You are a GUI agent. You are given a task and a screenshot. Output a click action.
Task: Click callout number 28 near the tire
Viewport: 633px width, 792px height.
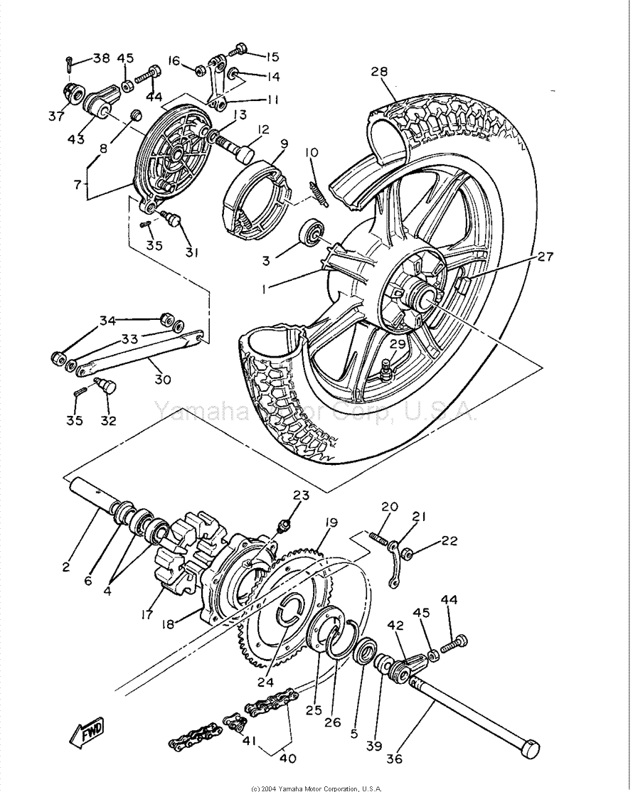379,72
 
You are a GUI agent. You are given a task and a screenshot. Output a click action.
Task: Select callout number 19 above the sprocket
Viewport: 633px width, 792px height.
331,523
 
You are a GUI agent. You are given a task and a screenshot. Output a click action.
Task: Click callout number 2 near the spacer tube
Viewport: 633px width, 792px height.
66,566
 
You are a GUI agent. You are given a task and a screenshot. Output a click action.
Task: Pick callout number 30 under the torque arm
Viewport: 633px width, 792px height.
162,379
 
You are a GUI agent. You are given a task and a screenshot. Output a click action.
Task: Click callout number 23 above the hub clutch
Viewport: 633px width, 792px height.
301,495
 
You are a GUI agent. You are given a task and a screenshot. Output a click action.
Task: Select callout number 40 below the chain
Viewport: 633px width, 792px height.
287,759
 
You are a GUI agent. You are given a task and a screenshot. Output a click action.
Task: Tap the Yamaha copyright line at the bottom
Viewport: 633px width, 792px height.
316,788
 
